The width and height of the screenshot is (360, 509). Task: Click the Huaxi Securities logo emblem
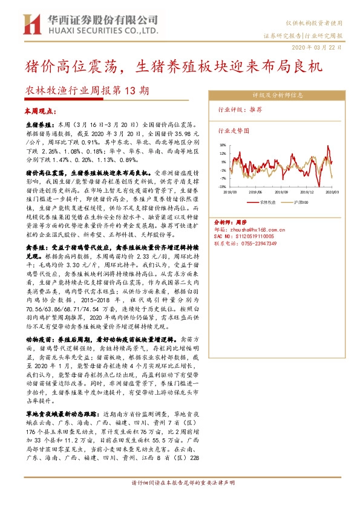[x=29, y=24]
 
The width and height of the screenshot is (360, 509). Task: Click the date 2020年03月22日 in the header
[x=319, y=46]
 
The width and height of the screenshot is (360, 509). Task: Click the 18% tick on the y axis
[x=223, y=145]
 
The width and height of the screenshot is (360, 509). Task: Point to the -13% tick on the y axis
[x=223, y=187]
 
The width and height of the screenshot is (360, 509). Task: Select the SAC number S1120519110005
[x=246, y=236]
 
